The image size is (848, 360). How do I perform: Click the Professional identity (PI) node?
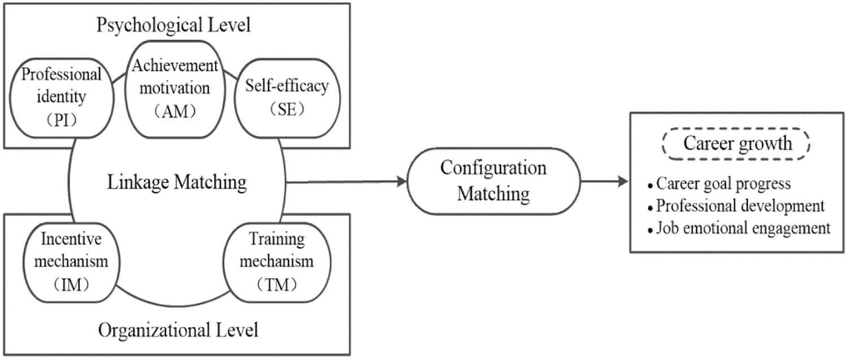click(54, 97)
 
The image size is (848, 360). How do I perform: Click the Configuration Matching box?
click(493, 181)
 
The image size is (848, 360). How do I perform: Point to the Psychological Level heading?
click(174, 25)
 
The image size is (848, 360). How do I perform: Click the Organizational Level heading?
click(178, 329)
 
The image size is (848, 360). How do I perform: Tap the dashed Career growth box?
click(738, 144)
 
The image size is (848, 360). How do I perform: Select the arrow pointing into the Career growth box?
click(605, 181)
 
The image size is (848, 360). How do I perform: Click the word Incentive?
click(71, 239)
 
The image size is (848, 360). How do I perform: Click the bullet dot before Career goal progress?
click(651, 186)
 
